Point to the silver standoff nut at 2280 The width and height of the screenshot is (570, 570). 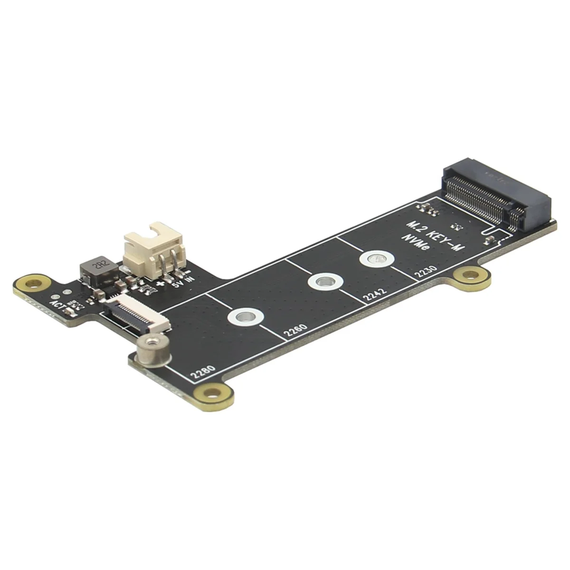click(x=151, y=351)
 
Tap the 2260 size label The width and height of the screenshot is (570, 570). click(x=295, y=331)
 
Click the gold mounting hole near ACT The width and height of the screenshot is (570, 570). click(x=33, y=285)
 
